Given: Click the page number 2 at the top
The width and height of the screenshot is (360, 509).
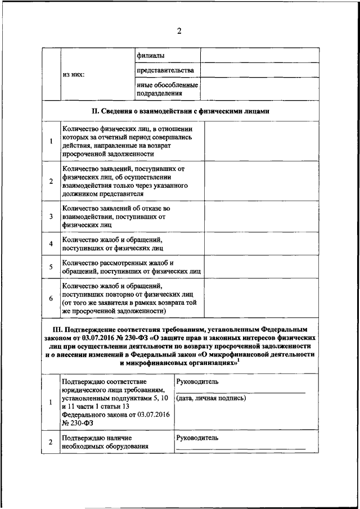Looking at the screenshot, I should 179,30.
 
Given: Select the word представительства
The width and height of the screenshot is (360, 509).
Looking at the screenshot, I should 165,70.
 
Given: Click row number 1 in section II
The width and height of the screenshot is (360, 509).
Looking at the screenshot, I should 51,141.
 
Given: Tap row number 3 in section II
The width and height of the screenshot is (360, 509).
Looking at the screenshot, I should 51,217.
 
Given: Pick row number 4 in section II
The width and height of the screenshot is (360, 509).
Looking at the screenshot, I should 51,244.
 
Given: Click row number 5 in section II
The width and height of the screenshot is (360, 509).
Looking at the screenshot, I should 51,267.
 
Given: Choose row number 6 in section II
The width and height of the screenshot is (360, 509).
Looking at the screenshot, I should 51,298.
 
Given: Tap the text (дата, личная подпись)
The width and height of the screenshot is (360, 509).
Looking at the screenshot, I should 211,398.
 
